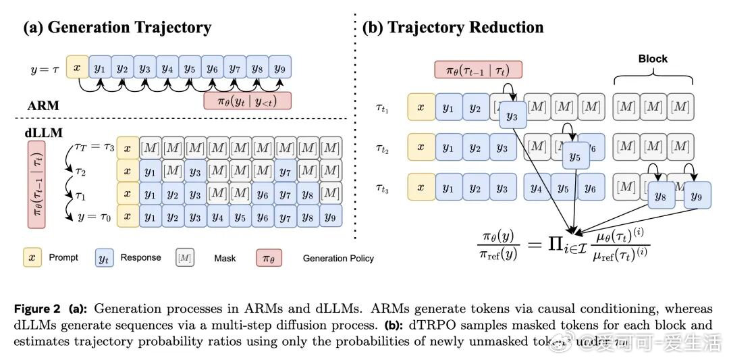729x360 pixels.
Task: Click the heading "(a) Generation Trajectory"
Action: tap(117, 28)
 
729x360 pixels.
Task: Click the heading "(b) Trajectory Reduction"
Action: tap(453, 28)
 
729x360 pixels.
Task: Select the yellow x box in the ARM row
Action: tap(77, 68)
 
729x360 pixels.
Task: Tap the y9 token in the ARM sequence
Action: tap(279, 68)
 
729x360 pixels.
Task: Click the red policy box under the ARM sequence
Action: tap(247, 101)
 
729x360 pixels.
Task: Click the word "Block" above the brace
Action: tap(652, 59)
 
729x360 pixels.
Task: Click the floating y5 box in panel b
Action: tap(574, 157)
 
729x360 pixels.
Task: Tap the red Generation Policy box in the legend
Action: tap(265, 257)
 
